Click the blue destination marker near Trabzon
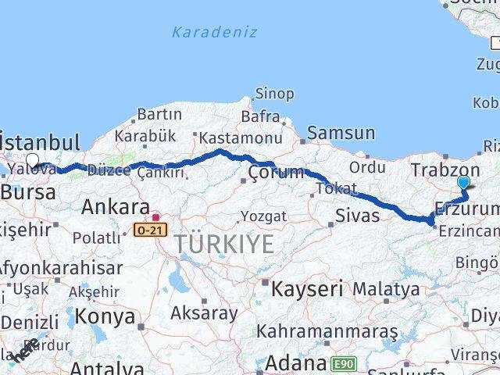coord(463,183)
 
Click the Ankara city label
coord(116,208)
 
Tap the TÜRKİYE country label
coord(224,244)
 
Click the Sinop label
coord(275,94)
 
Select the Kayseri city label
coord(307,288)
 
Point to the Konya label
coord(109,317)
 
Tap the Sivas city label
coord(357,215)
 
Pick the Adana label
coord(295,363)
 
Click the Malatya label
coord(386,289)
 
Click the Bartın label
coord(159,114)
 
